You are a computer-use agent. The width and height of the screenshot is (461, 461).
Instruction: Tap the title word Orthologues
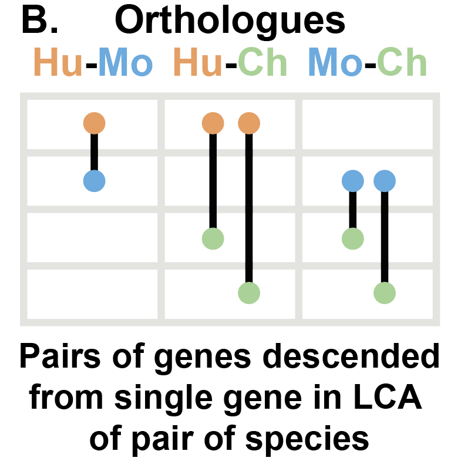click(x=230, y=22)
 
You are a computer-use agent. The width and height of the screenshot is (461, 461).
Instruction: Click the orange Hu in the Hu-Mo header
click(x=58, y=63)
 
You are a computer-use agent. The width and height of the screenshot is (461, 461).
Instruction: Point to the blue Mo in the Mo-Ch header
click(x=335, y=63)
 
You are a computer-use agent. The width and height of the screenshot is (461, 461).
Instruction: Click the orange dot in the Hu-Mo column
click(x=94, y=123)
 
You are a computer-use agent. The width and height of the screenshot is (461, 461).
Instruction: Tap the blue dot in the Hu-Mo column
click(x=94, y=181)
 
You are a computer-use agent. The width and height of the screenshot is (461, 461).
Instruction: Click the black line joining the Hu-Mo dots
click(x=94, y=152)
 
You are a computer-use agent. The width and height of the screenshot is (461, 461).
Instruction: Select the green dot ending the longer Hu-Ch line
click(x=249, y=292)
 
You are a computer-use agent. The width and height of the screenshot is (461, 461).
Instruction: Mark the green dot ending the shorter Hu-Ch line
click(x=213, y=239)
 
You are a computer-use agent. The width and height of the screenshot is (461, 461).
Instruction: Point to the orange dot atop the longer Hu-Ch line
click(x=249, y=123)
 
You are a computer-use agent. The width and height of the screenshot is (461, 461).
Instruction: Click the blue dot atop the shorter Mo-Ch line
click(x=352, y=181)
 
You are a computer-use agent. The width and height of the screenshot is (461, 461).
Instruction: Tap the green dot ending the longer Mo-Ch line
click(x=385, y=292)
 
